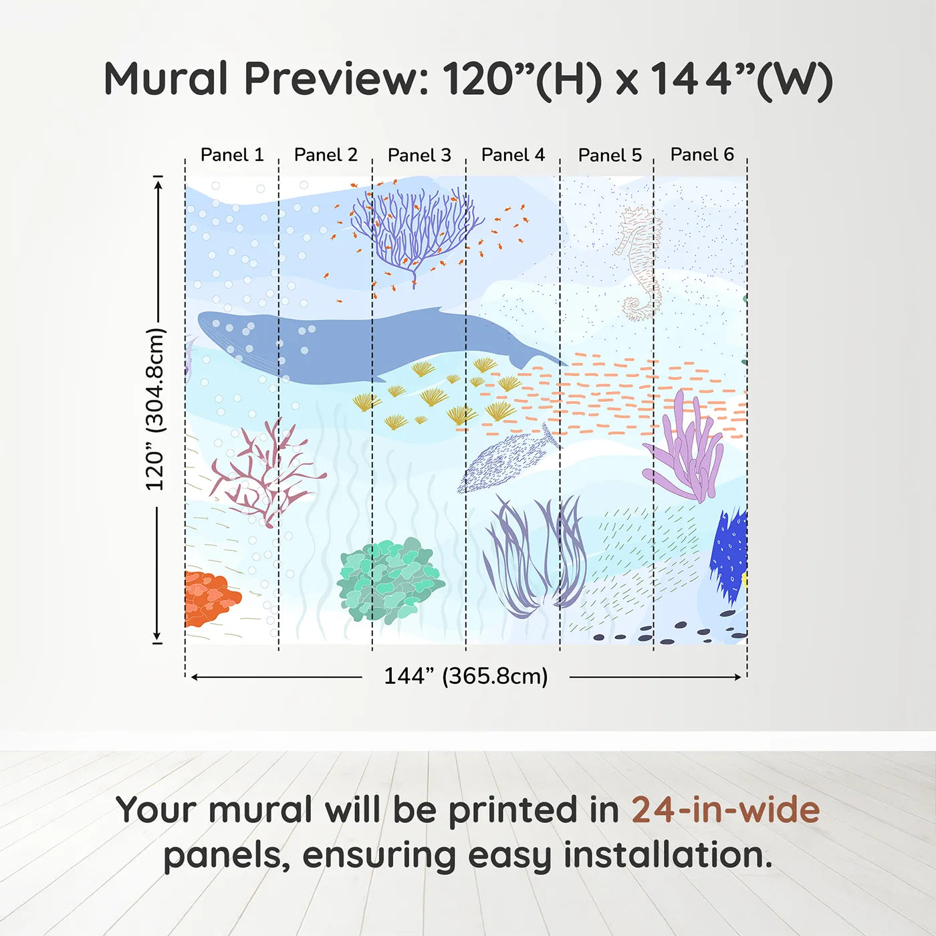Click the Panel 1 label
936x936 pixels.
[232, 155]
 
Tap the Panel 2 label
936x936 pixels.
[326, 155]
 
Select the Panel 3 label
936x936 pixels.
[419, 155]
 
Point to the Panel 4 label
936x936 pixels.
[513, 155]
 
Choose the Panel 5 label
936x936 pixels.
[610, 155]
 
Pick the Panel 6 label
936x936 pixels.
[702, 154]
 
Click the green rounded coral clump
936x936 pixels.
[389, 579]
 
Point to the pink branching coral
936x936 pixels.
[264, 471]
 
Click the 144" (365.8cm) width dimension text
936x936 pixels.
[465, 676]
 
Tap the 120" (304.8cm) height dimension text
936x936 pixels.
[155, 409]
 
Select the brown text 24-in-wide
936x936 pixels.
[725, 810]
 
